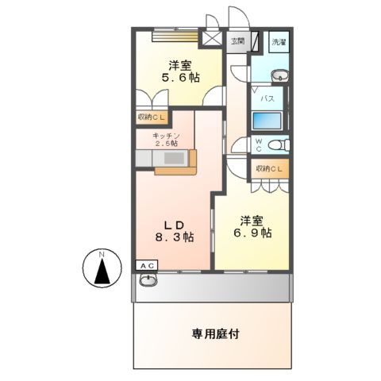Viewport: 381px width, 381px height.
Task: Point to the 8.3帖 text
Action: tap(175, 237)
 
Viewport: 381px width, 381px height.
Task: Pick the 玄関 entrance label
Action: tap(237, 40)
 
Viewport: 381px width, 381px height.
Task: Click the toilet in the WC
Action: tap(271, 146)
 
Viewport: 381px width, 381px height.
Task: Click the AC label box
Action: tap(147, 265)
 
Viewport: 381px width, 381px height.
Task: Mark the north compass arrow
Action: tap(101, 271)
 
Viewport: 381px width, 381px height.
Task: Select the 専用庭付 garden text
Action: tap(215, 334)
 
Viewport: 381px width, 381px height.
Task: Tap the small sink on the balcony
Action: tap(148, 280)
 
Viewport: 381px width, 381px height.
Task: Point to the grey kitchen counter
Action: tap(163, 158)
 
